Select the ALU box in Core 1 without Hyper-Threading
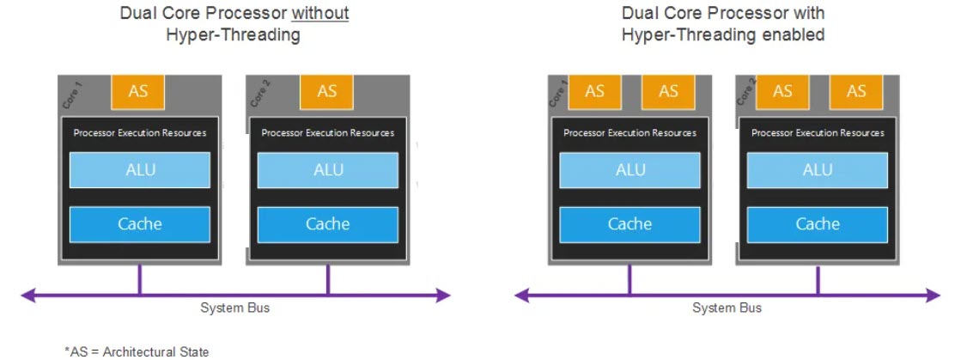click(x=140, y=169)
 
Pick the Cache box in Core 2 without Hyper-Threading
click(x=328, y=224)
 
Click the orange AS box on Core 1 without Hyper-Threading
click(x=138, y=91)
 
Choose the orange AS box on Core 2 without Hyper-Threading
click(x=327, y=91)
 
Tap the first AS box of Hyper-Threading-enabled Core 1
click(x=594, y=91)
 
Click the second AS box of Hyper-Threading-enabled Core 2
click(x=856, y=91)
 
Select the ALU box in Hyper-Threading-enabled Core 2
click(x=818, y=169)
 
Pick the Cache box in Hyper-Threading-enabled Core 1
click(x=630, y=224)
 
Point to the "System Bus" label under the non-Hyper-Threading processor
click(x=234, y=308)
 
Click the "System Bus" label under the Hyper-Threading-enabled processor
click(x=727, y=308)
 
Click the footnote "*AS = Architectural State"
click(x=137, y=351)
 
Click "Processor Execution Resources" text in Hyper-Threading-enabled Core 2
click(x=818, y=133)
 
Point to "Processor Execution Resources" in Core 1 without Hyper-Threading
click(x=140, y=133)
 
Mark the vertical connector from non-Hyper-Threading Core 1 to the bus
click(x=140, y=279)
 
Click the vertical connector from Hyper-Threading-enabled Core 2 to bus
click(x=818, y=279)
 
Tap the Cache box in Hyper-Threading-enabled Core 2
click(x=818, y=224)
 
